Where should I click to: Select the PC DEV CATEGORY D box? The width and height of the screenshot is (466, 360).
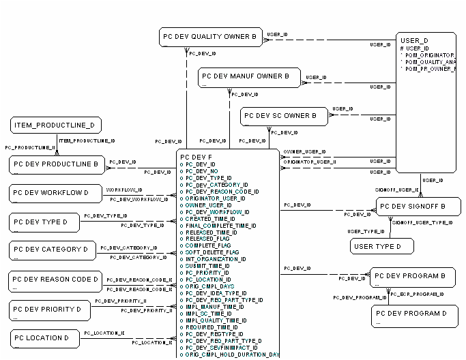[52, 250]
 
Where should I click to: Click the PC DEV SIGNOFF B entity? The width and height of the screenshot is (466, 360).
[414, 207]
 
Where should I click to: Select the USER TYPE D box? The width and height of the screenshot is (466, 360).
[383, 245]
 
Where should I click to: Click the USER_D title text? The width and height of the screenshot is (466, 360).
[415, 41]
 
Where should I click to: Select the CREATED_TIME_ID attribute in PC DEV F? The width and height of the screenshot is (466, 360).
[209, 218]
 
